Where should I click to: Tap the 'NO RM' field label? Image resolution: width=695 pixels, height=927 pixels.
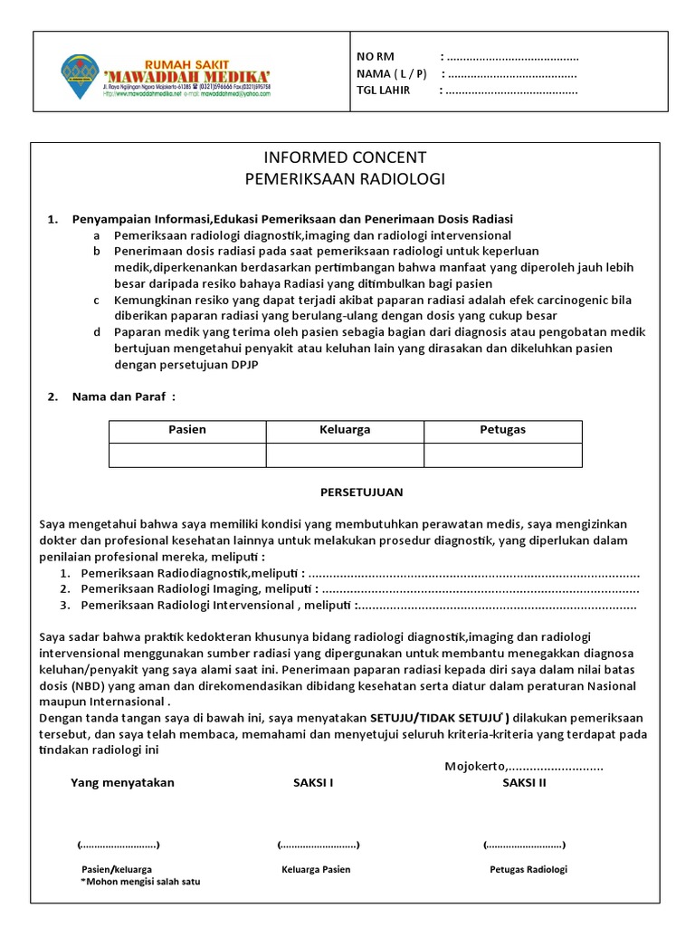[376, 57]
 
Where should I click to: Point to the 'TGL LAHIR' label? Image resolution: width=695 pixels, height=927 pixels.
[384, 90]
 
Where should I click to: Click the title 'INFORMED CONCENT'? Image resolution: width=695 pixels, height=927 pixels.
[345, 158]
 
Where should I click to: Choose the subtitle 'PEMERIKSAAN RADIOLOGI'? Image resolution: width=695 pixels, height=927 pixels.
[345, 179]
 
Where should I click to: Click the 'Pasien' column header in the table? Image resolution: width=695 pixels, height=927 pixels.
[187, 430]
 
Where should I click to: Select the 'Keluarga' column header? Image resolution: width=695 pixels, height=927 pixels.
[345, 430]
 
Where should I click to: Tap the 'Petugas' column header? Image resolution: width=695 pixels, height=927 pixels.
[502, 430]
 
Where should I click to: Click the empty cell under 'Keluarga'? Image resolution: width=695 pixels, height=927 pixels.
[345, 454]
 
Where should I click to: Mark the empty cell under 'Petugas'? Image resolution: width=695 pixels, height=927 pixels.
[502, 454]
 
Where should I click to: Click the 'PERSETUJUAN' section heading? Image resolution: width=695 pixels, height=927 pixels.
[361, 492]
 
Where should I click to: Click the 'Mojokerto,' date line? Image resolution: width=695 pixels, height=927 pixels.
[523, 767]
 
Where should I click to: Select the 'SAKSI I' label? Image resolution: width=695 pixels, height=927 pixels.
[313, 783]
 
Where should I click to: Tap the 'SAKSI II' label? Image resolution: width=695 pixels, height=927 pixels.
[524, 783]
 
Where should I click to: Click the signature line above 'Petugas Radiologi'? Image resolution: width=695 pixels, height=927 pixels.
[524, 845]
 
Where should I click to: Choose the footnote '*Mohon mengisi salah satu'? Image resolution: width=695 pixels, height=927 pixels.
[140, 881]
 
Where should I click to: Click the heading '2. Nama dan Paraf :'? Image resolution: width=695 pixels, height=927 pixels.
[111, 396]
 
